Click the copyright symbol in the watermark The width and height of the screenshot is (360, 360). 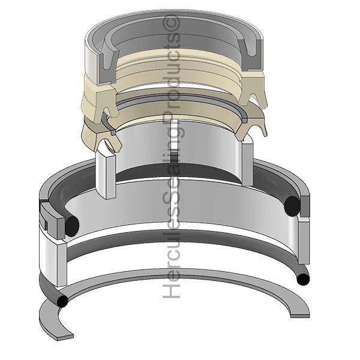point(171,23)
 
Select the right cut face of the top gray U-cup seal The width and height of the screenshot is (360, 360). point(251,55)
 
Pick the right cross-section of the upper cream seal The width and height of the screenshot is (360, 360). point(252,89)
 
